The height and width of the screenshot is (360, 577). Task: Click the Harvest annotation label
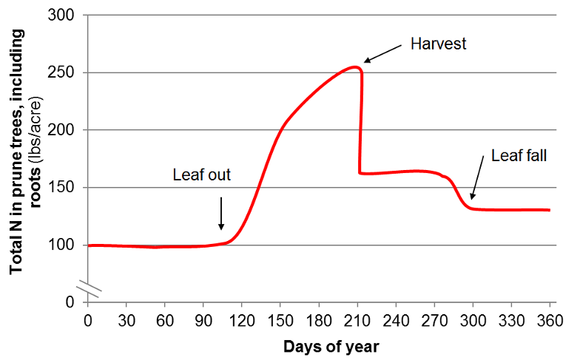click(439, 44)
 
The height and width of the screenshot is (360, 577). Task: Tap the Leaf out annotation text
click(202, 176)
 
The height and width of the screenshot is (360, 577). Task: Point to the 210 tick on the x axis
click(357, 319)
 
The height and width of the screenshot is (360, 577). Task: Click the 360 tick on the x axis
click(550, 319)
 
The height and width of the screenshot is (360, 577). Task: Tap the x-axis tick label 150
click(280, 319)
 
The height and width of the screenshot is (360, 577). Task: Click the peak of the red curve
click(354, 67)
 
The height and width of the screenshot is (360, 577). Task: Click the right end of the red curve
click(549, 210)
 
